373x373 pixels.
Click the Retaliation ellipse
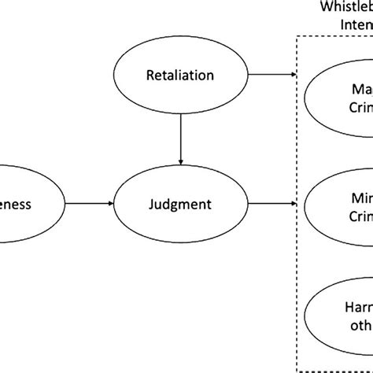[182, 76]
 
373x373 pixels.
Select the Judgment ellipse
[182, 205]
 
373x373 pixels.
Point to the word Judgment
[182, 205]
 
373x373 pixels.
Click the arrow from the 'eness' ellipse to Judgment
[88, 205]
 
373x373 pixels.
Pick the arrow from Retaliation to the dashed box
[272, 76]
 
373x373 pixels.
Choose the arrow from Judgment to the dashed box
[272, 205]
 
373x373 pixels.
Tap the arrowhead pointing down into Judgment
[182, 171]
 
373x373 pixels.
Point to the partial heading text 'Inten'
[355, 24]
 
